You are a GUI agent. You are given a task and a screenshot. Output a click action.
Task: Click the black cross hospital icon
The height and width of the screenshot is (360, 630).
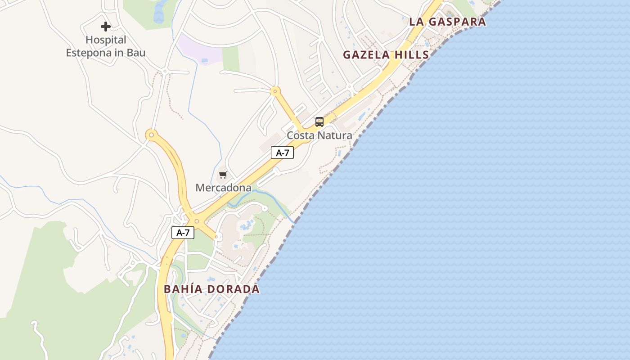pos(106,27)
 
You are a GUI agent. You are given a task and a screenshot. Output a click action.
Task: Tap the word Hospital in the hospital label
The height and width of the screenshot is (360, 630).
pos(106,40)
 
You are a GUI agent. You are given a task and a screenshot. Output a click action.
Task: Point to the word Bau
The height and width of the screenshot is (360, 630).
pos(136,53)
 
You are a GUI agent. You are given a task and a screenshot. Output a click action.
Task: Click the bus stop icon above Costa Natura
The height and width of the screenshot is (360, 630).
pos(319,121)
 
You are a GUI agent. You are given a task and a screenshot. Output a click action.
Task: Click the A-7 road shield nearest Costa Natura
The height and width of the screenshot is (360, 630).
pos(282,153)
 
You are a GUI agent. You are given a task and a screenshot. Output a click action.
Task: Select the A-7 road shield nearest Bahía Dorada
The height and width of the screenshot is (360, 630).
pos(183,233)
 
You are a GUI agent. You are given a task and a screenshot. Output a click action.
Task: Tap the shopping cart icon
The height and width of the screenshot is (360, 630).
pos(223,175)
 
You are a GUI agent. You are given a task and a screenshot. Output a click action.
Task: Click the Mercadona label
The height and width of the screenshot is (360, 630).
pos(223,188)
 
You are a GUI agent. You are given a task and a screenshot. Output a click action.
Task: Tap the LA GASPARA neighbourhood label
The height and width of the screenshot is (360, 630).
pos(447,22)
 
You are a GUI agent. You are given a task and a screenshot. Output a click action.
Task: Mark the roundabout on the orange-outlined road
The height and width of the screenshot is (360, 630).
pos(151,134)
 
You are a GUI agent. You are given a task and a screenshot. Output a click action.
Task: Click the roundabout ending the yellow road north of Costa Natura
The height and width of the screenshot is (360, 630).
pos(274,91)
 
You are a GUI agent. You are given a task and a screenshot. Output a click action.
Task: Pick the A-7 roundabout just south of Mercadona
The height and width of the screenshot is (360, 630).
pos(197,221)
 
